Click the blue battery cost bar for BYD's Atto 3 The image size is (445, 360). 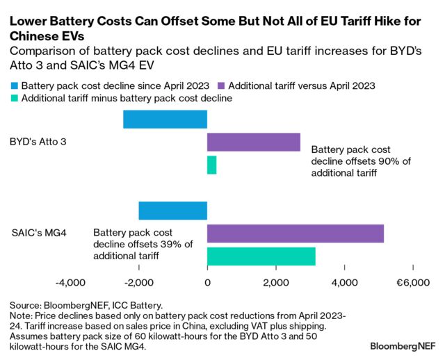(x=165, y=119)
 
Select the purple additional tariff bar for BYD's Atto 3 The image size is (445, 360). (x=254, y=142)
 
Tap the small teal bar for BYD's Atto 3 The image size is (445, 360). (x=211, y=165)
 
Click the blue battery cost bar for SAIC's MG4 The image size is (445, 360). (x=172, y=211)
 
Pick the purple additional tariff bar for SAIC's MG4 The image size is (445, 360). (x=296, y=234)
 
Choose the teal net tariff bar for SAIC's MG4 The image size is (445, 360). (x=261, y=256)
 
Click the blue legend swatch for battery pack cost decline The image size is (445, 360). (x=14, y=85)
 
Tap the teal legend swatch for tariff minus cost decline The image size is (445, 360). (x=14, y=99)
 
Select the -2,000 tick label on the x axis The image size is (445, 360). (x=138, y=283)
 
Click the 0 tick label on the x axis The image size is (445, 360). (x=207, y=283)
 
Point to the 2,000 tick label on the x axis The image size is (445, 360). (x=276, y=283)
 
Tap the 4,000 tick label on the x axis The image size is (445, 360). (x=345, y=283)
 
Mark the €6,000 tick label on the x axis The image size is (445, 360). (x=412, y=283)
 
